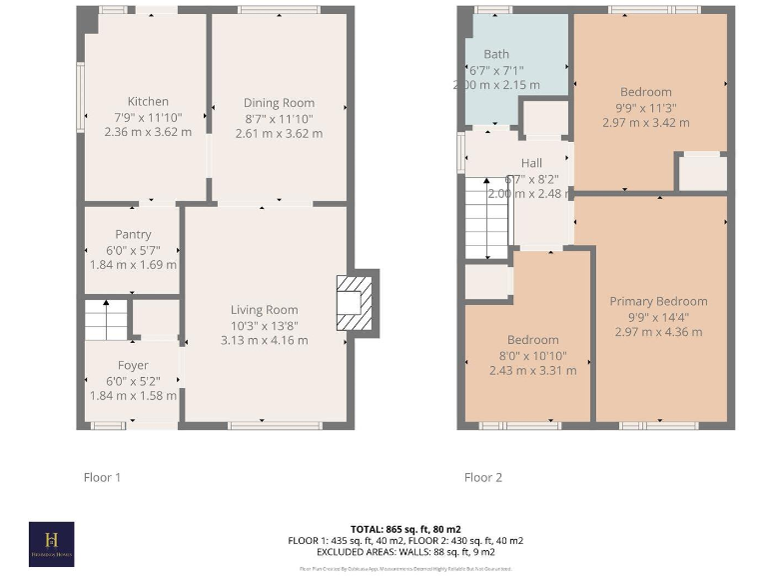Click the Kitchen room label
148,101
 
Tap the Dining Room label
279,102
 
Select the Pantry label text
133,235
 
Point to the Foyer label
133,365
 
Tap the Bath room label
496,54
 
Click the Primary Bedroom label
658,301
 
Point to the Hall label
531,163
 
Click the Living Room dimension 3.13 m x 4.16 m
265,340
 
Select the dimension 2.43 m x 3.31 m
532,370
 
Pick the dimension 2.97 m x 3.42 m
645,122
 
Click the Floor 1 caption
102,477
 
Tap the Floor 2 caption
483,477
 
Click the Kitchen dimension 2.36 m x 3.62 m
148,131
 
